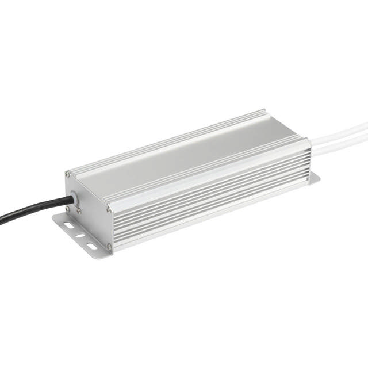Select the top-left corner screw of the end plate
[x=68, y=174]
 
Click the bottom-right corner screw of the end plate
[x=108, y=247]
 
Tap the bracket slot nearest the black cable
[x=68, y=225]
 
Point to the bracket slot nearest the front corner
[x=91, y=247]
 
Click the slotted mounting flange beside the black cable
[x=78, y=233]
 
